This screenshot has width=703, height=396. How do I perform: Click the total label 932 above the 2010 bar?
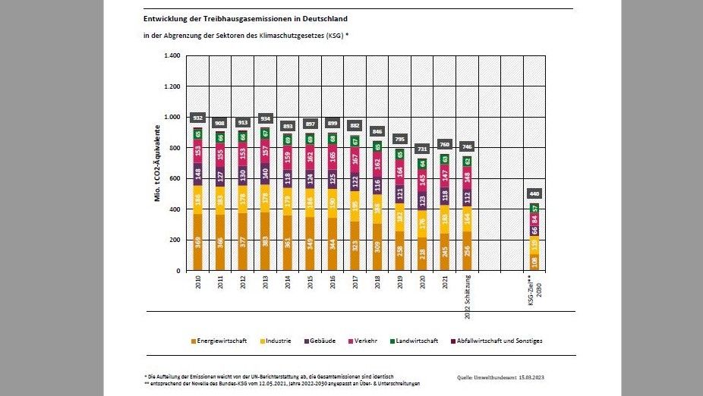click(x=198, y=118)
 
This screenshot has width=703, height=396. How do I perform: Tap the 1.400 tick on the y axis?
click(x=170, y=56)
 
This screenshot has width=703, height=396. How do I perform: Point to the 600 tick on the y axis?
click(x=173, y=179)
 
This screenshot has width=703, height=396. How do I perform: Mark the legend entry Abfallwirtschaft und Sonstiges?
click(x=497, y=341)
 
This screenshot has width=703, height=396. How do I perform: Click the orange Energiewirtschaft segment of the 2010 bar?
click(x=198, y=242)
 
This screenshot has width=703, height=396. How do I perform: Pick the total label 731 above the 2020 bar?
click(x=421, y=149)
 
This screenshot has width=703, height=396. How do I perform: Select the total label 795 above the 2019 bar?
click(x=399, y=139)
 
